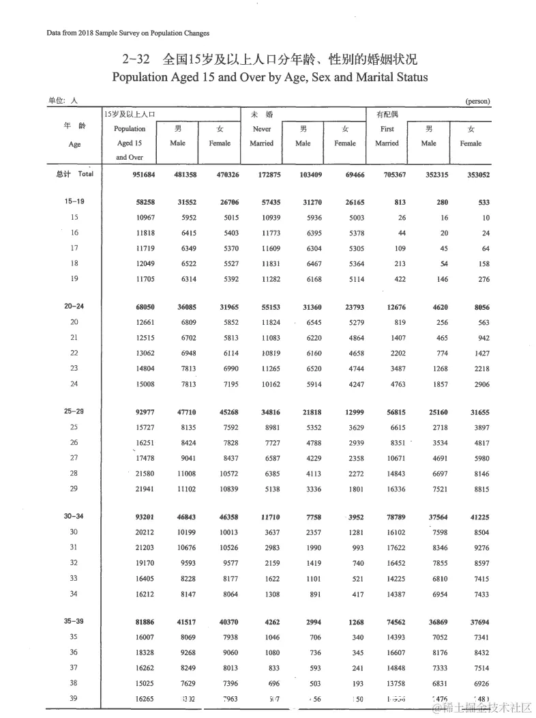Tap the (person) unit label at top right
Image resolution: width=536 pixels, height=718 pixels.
pyautogui.click(x=477, y=101)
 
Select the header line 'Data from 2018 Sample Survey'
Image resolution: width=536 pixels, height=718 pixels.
pyautogui.click(x=128, y=33)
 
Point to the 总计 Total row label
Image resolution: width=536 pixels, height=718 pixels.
pyautogui.click(x=74, y=173)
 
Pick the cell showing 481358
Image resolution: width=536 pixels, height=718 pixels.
pyautogui.click(x=183, y=174)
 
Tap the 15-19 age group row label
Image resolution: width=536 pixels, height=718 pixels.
pyautogui.click(x=74, y=202)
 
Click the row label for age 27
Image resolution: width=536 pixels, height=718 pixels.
pyautogui.click(x=74, y=458)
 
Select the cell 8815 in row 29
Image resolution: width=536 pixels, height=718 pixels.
pyautogui.click(x=475, y=489)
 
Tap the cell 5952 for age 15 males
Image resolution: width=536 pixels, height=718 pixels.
pyautogui.click(x=185, y=218)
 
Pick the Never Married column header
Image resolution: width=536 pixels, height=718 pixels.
pyautogui.click(x=262, y=136)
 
